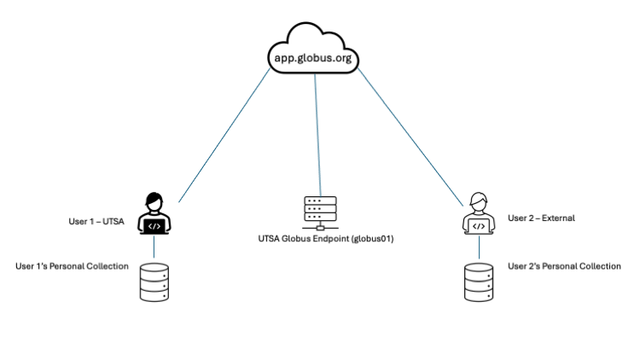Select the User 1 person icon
tap(154, 213)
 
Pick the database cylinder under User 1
tap(154, 282)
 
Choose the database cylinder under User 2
tap(479, 282)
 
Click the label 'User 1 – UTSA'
tap(96, 222)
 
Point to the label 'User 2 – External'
tap(541, 218)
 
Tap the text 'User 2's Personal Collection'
tap(564, 266)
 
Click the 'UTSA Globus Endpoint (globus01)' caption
tap(319, 240)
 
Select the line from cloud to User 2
tap(414, 136)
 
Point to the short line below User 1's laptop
tap(154, 247)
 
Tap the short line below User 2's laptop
tap(479, 247)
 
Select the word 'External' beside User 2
tap(558, 218)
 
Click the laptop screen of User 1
tap(154, 226)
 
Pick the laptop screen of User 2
tap(479, 226)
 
